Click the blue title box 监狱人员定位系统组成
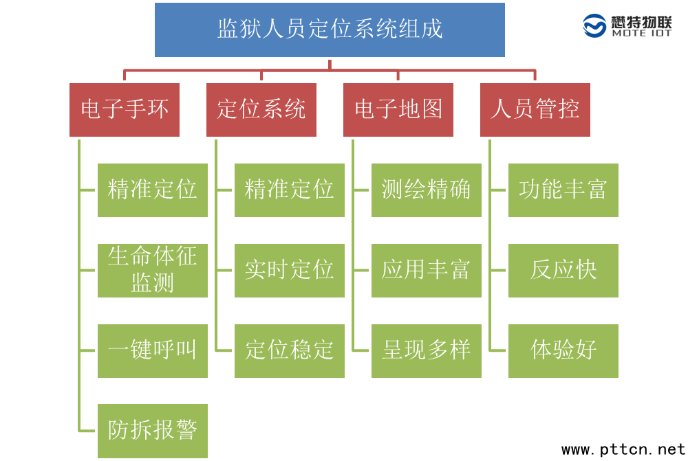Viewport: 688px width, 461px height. click(x=330, y=30)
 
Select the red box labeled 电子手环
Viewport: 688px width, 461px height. click(x=125, y=110)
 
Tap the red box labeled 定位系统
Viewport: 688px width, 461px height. click(x=261, y=110)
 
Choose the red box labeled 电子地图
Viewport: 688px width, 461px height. click(x=398, y=110)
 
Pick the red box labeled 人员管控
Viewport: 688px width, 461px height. click(x=535, y=110)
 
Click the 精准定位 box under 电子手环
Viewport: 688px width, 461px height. click(x=153, y=190)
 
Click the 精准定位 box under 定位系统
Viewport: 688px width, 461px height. click(x=290, y=190)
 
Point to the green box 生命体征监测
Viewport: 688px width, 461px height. click(x=153, y=271)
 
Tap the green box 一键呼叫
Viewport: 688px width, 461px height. click(x=153, y=351)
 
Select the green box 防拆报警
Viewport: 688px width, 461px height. click(x=153, y=431)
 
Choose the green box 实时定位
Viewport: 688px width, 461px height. click(x=290, y=271)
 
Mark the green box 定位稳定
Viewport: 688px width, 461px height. click(x=290, y=351)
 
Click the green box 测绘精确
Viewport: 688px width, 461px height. click(x=427, y=190)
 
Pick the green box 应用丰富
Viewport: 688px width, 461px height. click(x=427, y=271)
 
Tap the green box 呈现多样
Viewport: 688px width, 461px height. click(x=427, y=351)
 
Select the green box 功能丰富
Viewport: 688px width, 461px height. click(x=563, y=190)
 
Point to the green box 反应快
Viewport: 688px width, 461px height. click(x=563, y=271)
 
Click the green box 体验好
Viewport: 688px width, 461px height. click(x=563, y=351)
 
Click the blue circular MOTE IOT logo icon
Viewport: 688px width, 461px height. click(x=595, y=26)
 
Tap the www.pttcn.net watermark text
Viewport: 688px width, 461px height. click(x=623, y=450)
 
